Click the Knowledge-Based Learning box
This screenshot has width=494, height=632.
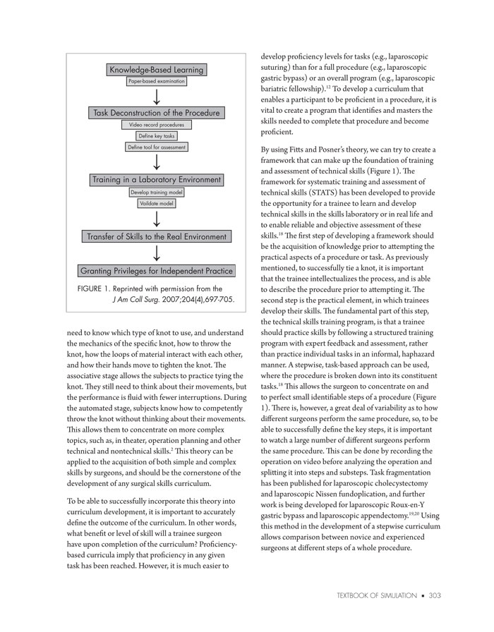point(156,69)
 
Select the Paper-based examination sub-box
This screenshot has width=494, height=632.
point(156,82)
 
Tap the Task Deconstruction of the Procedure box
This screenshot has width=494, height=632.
point(156,113)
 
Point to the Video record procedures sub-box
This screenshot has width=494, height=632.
point(156,125)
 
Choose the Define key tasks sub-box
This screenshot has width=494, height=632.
point(156,136)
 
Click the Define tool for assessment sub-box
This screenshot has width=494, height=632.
point(156,147)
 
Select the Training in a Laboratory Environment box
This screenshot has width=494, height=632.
point(156,180)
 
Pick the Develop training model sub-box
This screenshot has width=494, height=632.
point(156,192)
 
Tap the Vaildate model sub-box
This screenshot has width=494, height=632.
point(156,203)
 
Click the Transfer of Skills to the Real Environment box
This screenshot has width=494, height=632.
point(156,236)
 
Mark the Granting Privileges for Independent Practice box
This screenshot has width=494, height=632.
point(156,271)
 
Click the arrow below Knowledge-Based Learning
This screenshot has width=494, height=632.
point(156,97)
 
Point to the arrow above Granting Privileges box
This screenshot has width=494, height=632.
point(156,254)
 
